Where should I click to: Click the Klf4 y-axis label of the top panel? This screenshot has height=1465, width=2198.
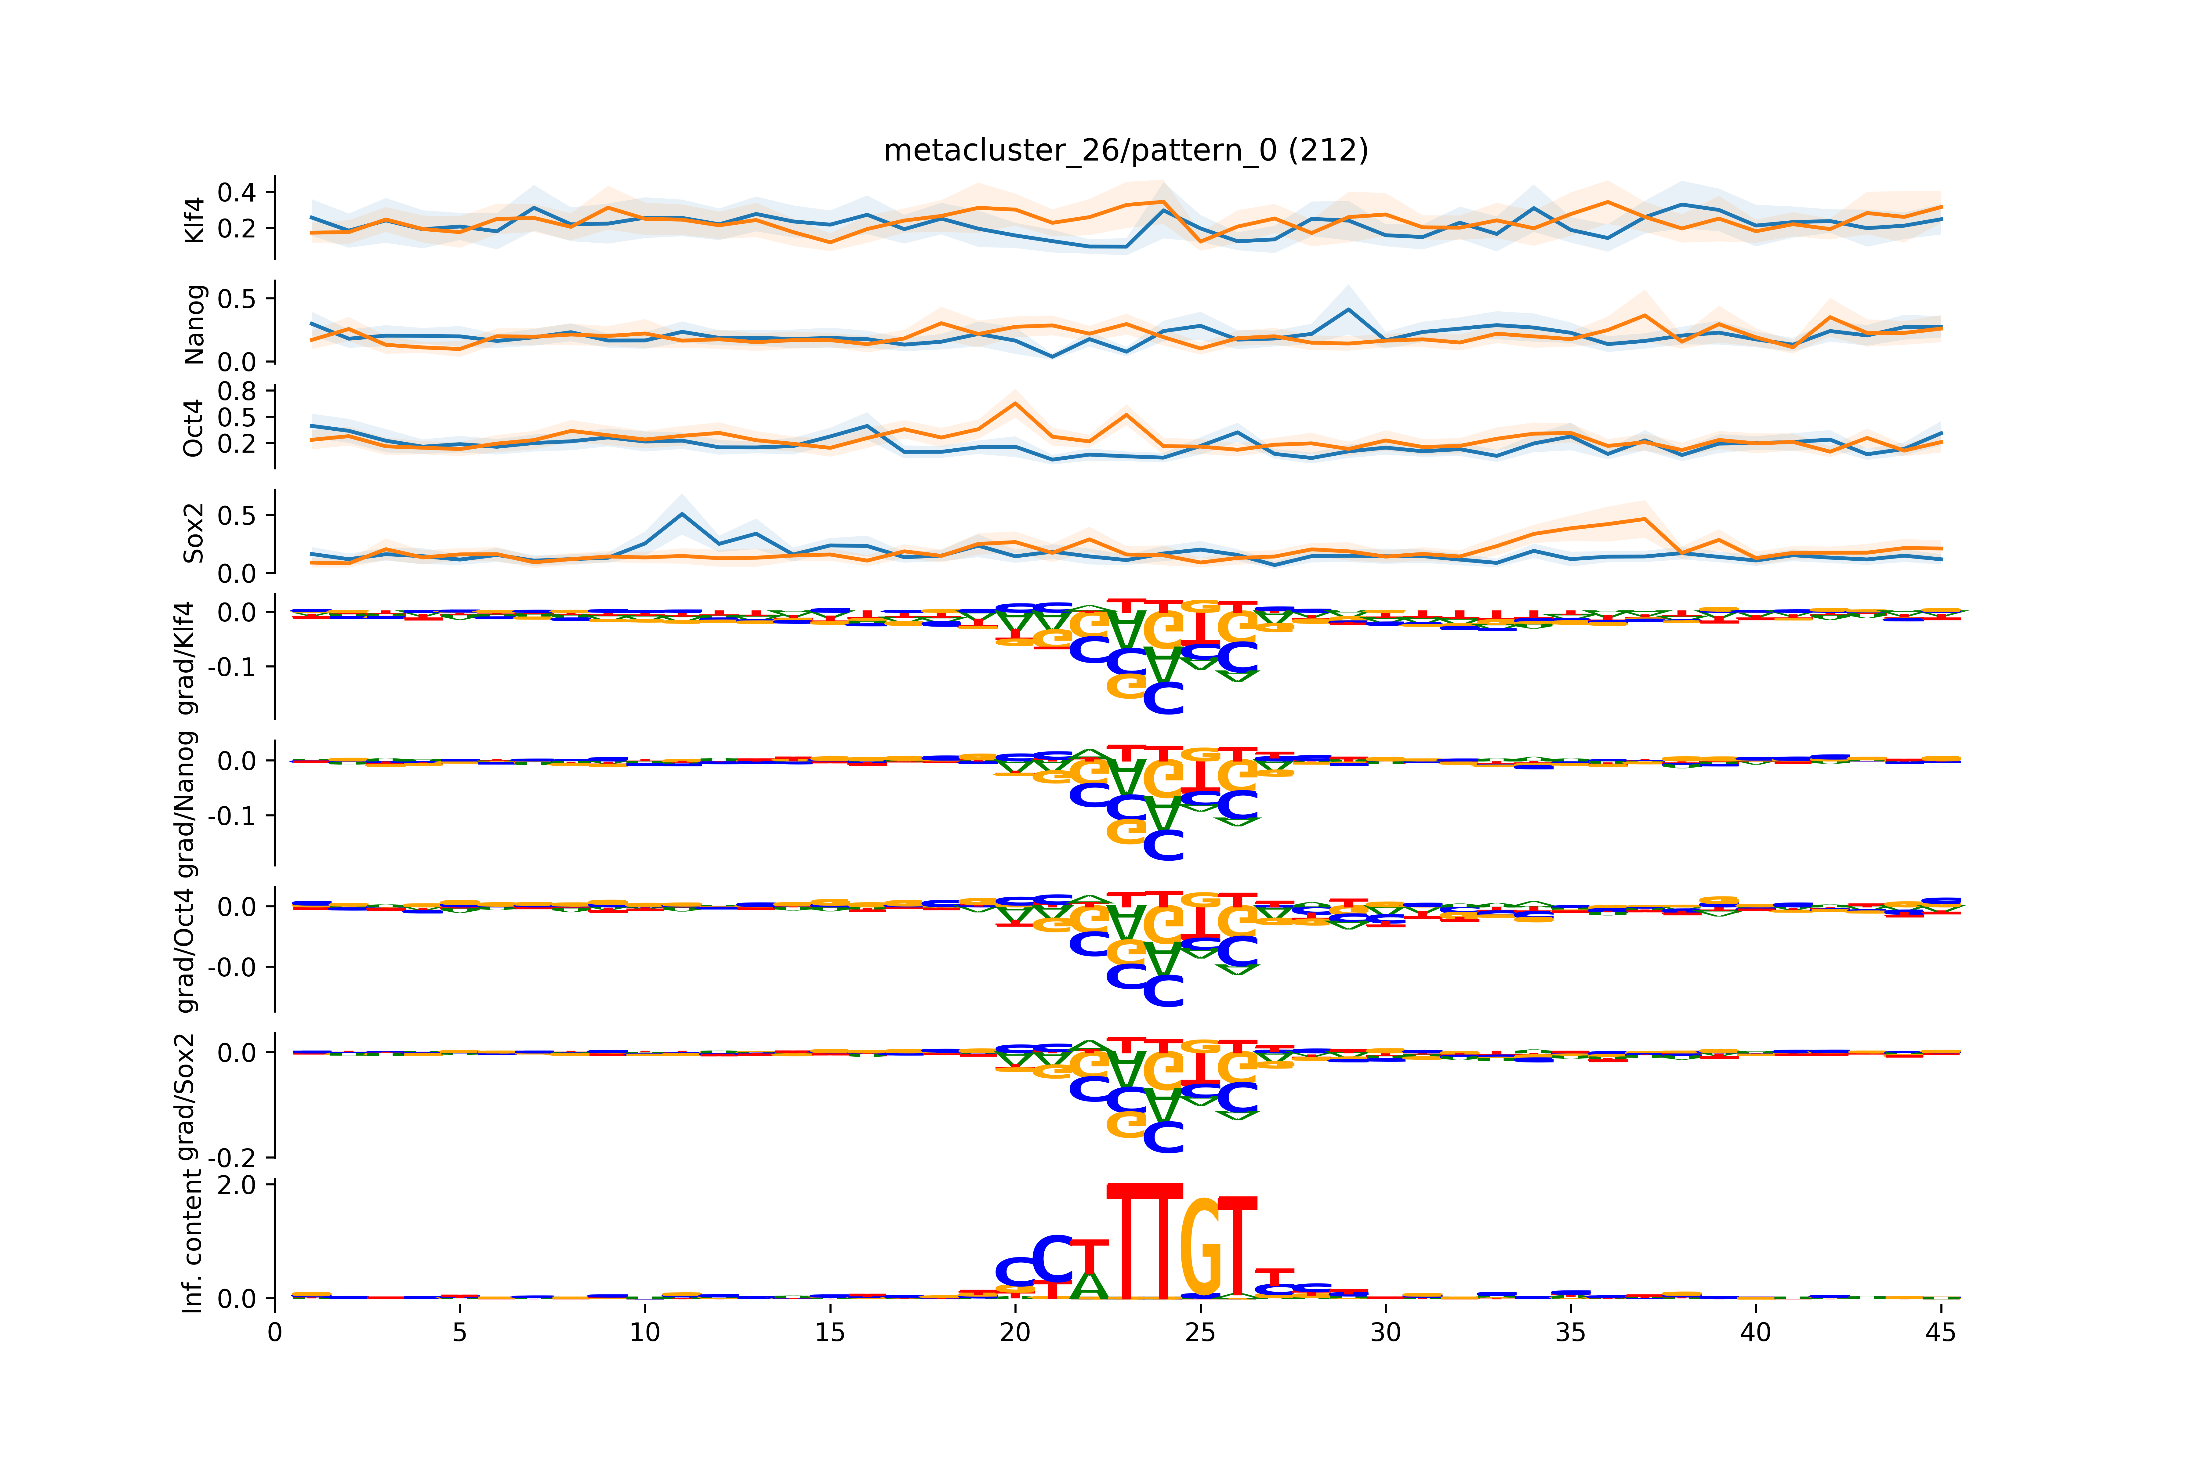pyautogui.click(x=194, y=220)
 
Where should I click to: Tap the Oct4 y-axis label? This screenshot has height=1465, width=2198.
pyautogui.click(x=194, y=428)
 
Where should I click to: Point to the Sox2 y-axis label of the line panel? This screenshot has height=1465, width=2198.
pyautogui.click(x=194, y=533)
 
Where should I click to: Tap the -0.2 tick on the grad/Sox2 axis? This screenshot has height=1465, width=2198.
pyautogui.click(x=231, y=1158)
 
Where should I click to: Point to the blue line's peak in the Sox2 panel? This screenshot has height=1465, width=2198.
pyautogui.click(x=682, y=514)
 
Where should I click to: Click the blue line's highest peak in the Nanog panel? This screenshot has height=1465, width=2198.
pyautogui.click(x=1348, y=309)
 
